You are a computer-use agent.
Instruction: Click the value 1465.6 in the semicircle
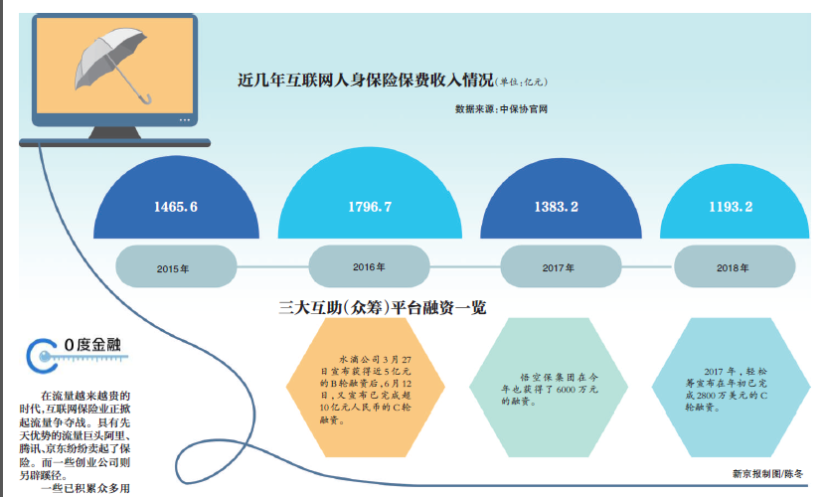(176, 207)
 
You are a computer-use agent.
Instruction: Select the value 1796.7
(370, 207)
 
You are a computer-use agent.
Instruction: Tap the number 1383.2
(556, 207)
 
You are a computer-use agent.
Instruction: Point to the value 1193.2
(731, 207)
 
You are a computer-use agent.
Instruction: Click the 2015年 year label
(173, 269)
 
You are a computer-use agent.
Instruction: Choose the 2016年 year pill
(369, 266)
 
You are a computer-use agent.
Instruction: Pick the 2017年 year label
(558, 268)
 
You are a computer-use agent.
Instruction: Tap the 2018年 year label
(733, 268)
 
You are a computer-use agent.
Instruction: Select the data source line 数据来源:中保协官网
(501, 109)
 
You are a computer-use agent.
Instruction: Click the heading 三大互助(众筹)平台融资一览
(383, 307)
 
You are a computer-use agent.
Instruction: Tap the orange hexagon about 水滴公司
(366, 388)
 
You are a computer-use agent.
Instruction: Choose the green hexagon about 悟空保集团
(549, 388)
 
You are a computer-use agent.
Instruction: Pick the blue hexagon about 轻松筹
(731, 388)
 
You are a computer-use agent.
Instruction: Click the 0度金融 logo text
(92, 345)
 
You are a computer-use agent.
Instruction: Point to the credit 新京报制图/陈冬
(767, 474)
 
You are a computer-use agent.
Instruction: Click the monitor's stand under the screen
(114, 132)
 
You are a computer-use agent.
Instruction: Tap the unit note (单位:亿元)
(521, 82)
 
